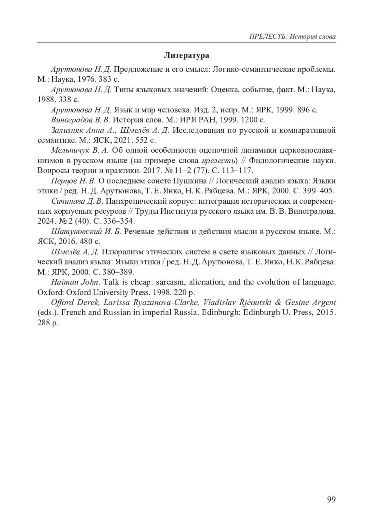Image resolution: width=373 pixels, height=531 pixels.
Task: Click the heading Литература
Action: (x=186, y=56)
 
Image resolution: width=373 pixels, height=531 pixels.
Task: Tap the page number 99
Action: (x=331, y=499)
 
